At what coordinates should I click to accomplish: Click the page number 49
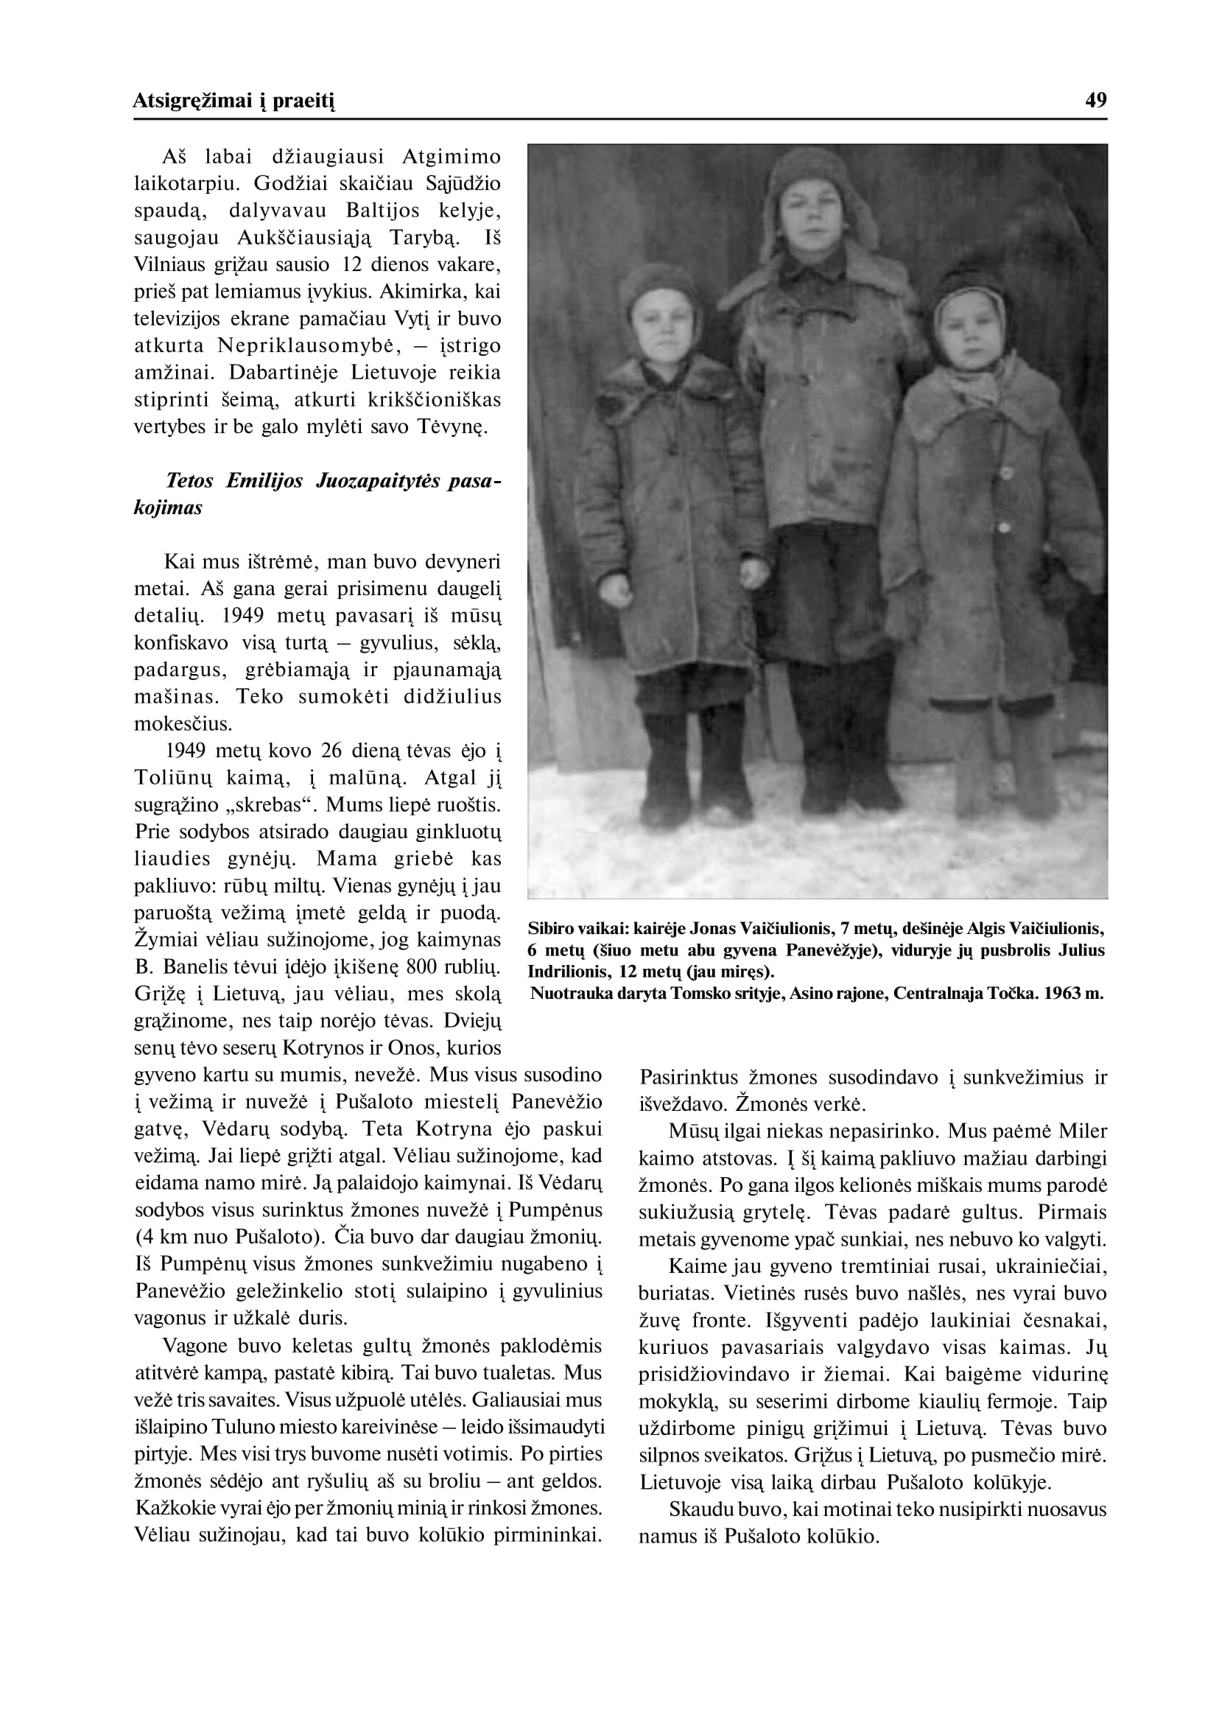1096,101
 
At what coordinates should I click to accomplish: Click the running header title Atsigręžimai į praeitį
233,102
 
